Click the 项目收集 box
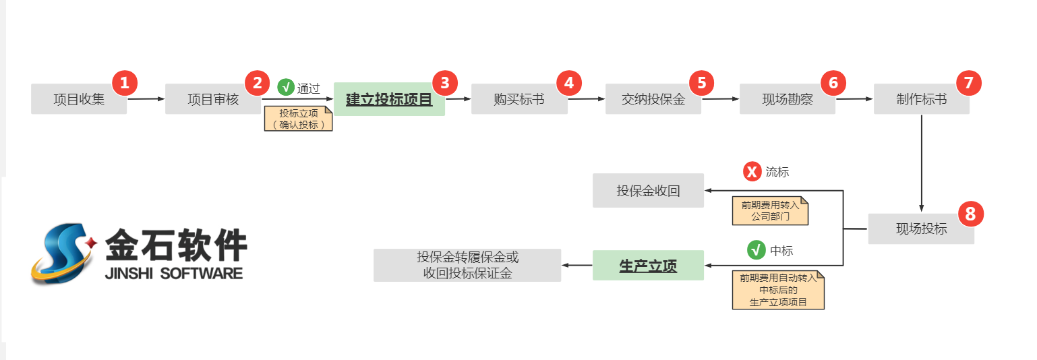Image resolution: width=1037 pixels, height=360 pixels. (x=78, y=100)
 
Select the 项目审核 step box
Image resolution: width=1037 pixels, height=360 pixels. (x=212, y=100)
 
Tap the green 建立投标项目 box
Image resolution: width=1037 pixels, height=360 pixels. (x=389, y=100)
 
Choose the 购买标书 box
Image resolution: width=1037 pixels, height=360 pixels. (x=518, y=100)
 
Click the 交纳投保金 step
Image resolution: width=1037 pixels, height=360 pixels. (x=653, y=100)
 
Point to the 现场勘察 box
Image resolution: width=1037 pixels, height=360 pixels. (x=787, y=100)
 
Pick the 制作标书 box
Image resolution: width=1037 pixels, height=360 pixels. (x=921, y=100)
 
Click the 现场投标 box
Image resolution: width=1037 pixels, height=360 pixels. (x=921, y=229)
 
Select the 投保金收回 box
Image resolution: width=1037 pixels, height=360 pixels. (x=648, y=191)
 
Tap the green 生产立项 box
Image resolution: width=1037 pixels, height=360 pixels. (x=648, y=266)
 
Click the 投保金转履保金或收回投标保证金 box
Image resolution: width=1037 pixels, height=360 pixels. (x=467, y=266)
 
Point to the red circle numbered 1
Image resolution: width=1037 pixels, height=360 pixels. (x=124, y=83)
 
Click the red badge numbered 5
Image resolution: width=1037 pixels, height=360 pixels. (x=701, y=83)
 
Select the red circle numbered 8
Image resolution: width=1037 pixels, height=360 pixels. (x=970, y=214)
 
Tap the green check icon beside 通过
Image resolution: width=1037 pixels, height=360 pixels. (x=286, y=87)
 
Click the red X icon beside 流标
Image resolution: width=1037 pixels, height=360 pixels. (x=752, y=172)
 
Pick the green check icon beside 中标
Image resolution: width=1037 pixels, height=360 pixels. (x=757, y=250)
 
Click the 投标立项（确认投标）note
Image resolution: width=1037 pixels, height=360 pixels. (x=298, y=119)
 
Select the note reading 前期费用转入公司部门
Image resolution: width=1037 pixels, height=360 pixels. (x=770, y=210)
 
